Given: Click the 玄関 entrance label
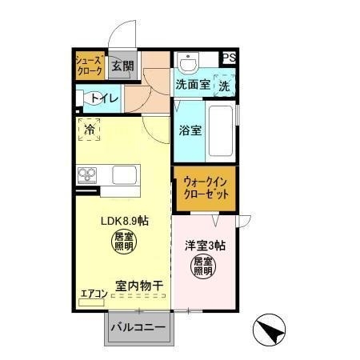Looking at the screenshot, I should pyautogui.click(x=122, y=66).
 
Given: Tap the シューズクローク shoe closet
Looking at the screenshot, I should pyautogui.click(x=88, y=66).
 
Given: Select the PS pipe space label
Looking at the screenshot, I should pyautogui.click(x=230, y=58).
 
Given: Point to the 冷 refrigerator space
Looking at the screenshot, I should pyautogui.click(x=88, y=130).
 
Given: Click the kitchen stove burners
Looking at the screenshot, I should pyautogui.click(x=87, y=175).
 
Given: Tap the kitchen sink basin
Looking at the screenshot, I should pyautogui.click(x=126, y=174).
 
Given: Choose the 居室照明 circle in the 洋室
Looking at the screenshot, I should pyautogui.click(x=204, y=266).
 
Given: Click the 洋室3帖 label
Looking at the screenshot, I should pyautogui.click(x=205, y=245).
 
